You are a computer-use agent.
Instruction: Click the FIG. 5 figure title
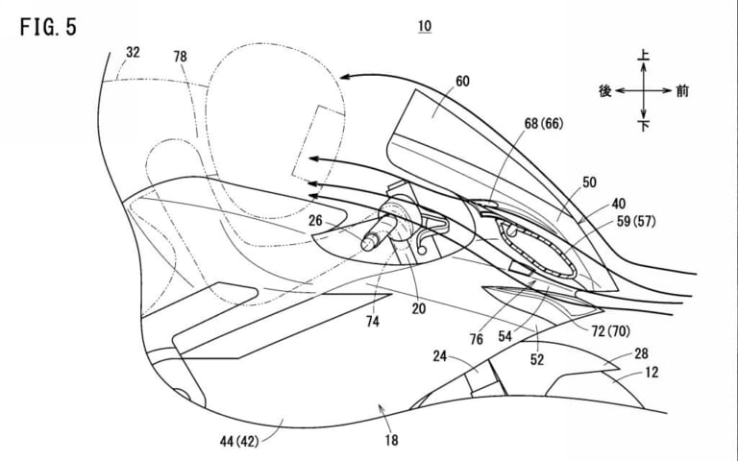pos(48,27)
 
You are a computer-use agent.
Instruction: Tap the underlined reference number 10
pos(425,26)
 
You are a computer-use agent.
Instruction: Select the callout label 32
pos(133,52)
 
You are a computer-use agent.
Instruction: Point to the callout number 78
pos(180,57)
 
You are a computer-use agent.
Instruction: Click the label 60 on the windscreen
pos(462,82)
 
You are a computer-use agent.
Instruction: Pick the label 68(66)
pos(544,124)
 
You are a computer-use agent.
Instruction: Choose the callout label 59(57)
pos(636,221)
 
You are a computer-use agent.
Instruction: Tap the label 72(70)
pos(611,331)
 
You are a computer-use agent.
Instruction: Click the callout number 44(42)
pos(239,441)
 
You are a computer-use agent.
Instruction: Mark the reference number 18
pos(392,440)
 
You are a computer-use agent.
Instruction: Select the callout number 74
pos(372,322)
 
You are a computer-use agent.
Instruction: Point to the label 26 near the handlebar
pos(315,220)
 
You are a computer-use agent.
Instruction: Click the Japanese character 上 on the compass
pos(644,55)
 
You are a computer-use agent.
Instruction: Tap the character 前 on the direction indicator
pos(682,91)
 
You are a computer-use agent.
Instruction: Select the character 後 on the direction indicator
pos(605,91)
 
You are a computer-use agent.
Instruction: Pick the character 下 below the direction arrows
pos(644,126)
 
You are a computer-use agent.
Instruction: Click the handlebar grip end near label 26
pos(367,244)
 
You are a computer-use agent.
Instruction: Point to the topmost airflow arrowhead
pos(345,76)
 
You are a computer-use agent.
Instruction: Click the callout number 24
pos(439,356)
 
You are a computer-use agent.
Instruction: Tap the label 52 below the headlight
pos(537,360)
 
